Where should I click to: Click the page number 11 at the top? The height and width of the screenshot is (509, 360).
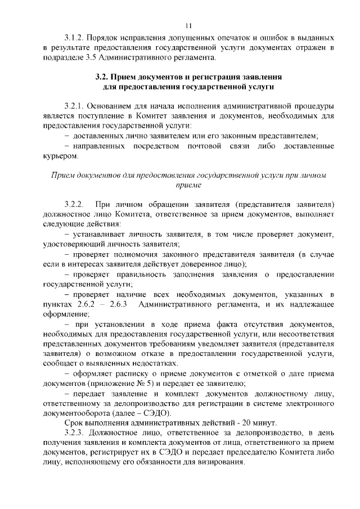pos(188,25)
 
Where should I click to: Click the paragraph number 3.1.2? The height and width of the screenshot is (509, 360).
pos(75,38)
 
